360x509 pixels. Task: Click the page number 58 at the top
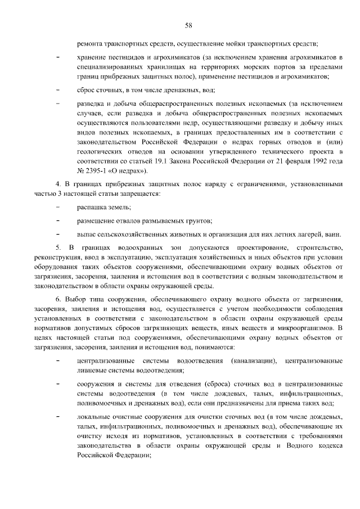(x=188, y=25)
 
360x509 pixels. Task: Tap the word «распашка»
(x=91, y=208)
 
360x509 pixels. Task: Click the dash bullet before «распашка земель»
(x=58, y=208)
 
